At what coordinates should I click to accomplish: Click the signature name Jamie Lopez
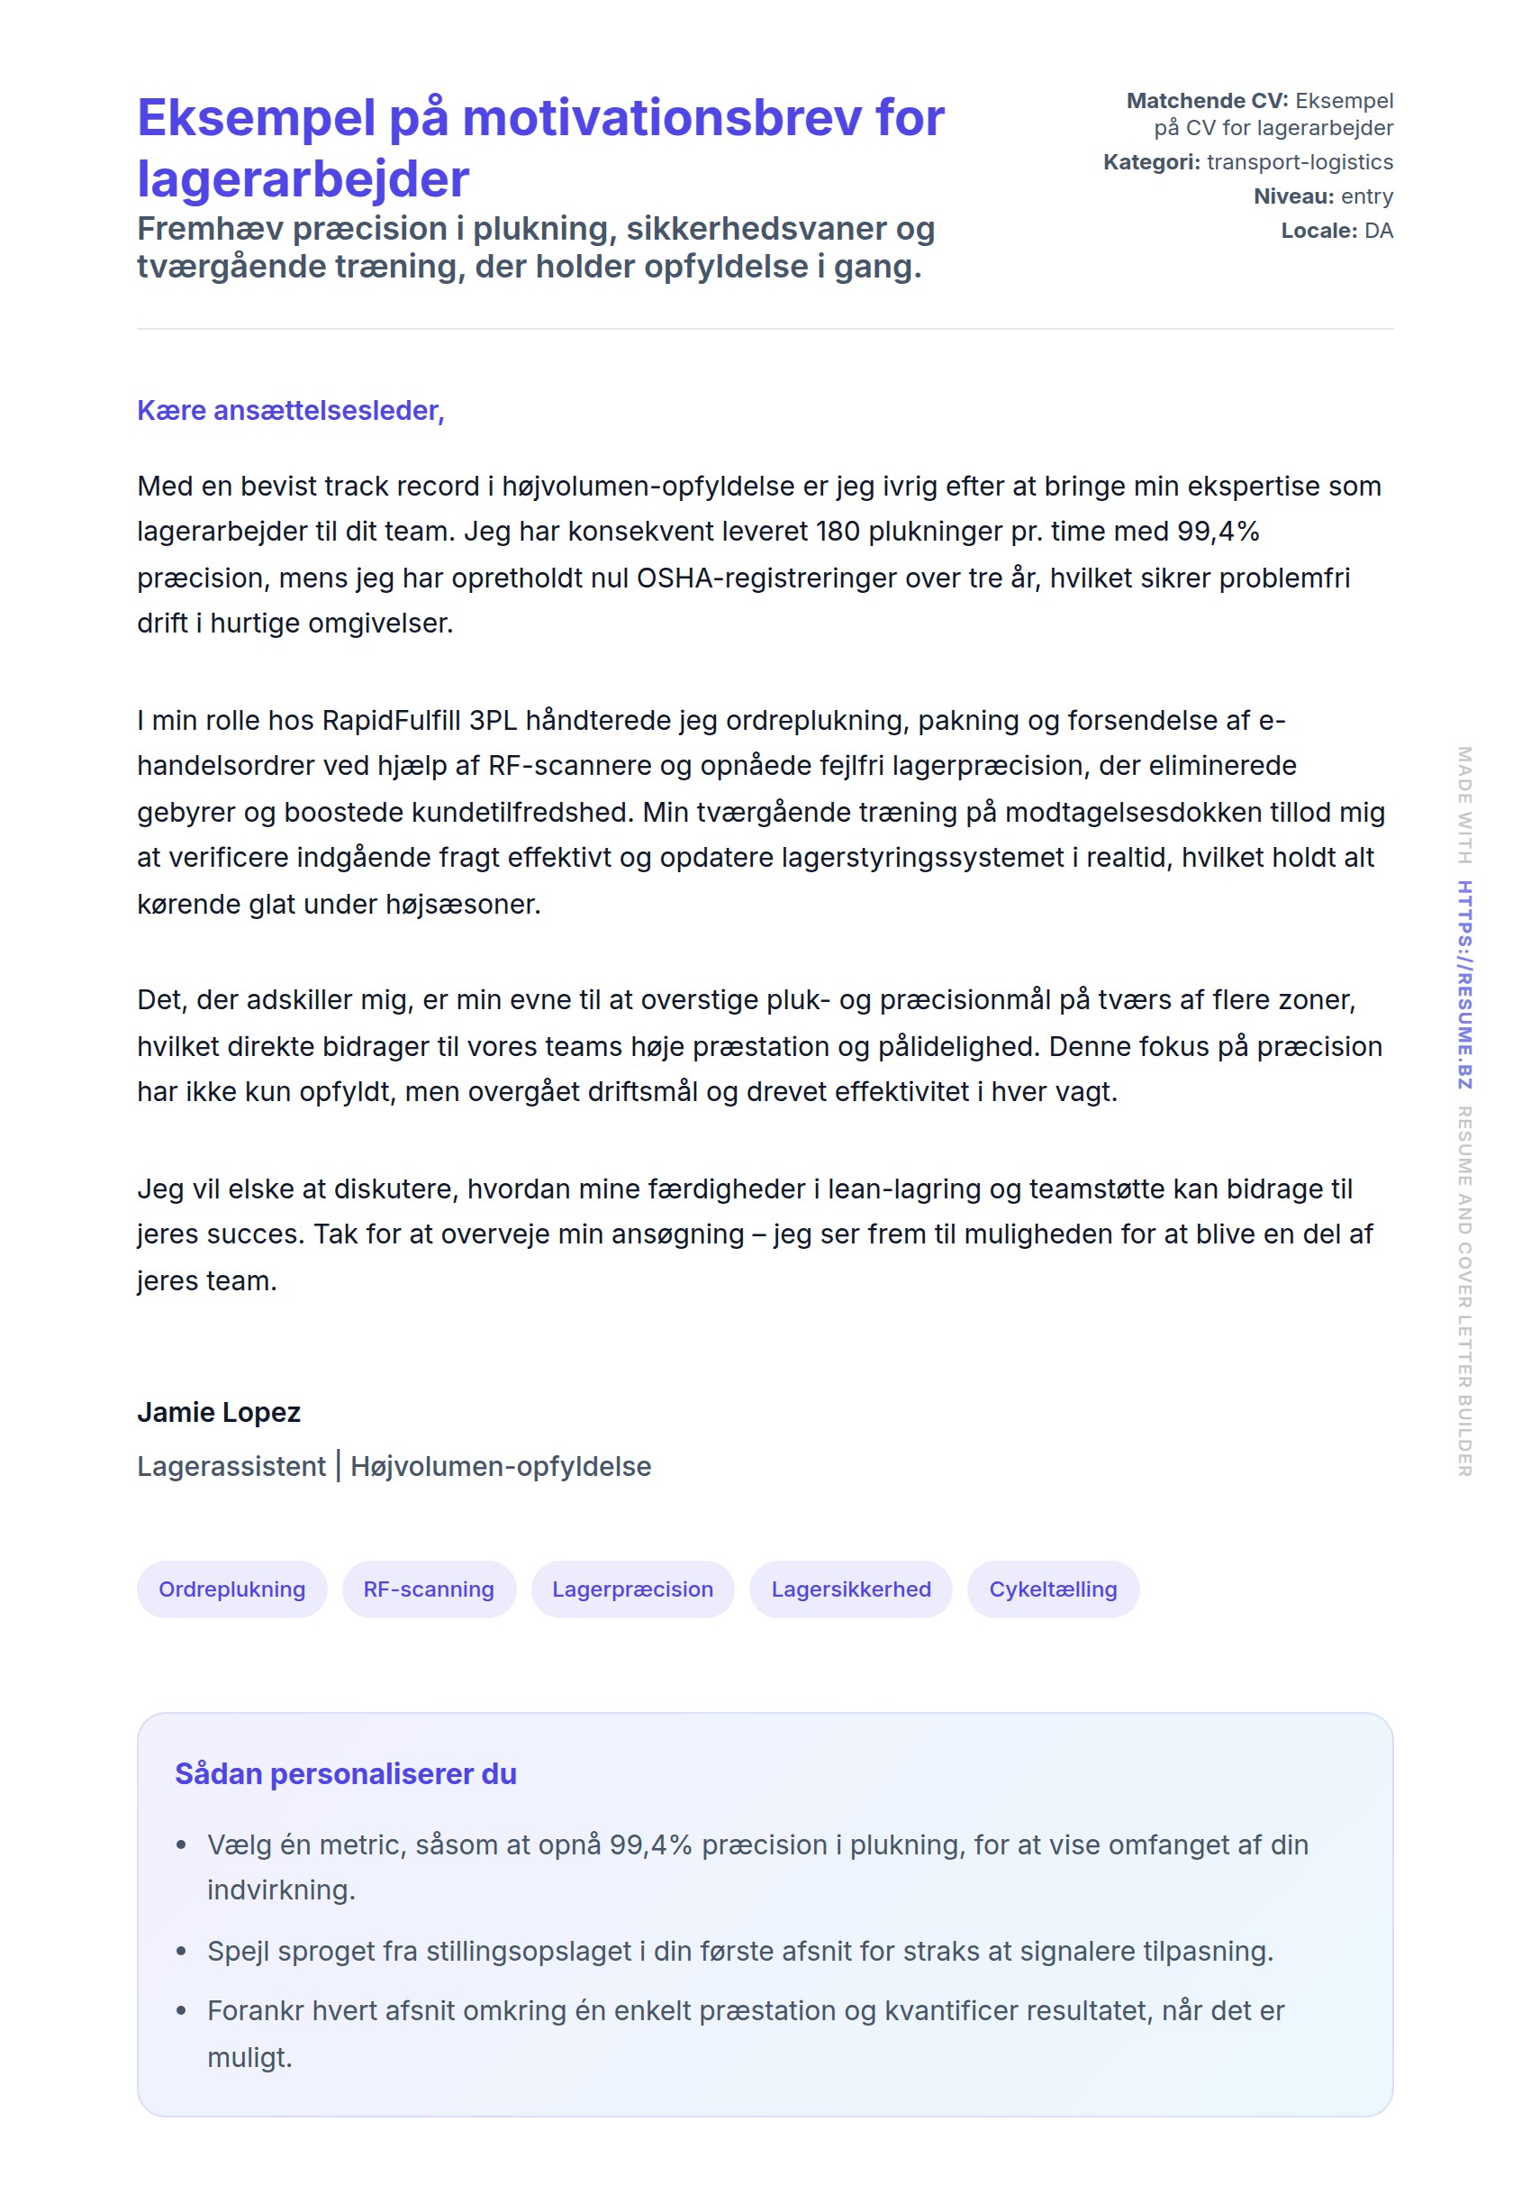point(219,1411)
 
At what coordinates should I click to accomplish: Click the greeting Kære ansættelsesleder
point(291,410)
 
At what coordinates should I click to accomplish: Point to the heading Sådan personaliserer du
point(345,1773)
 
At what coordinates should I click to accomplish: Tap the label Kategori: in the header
point(1151,162)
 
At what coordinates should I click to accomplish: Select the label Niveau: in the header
point(1293,196)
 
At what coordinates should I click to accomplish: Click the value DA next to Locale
point(1378,231)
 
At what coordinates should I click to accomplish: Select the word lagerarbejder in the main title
point(303,179)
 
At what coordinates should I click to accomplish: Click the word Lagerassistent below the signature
point(231,1466)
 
